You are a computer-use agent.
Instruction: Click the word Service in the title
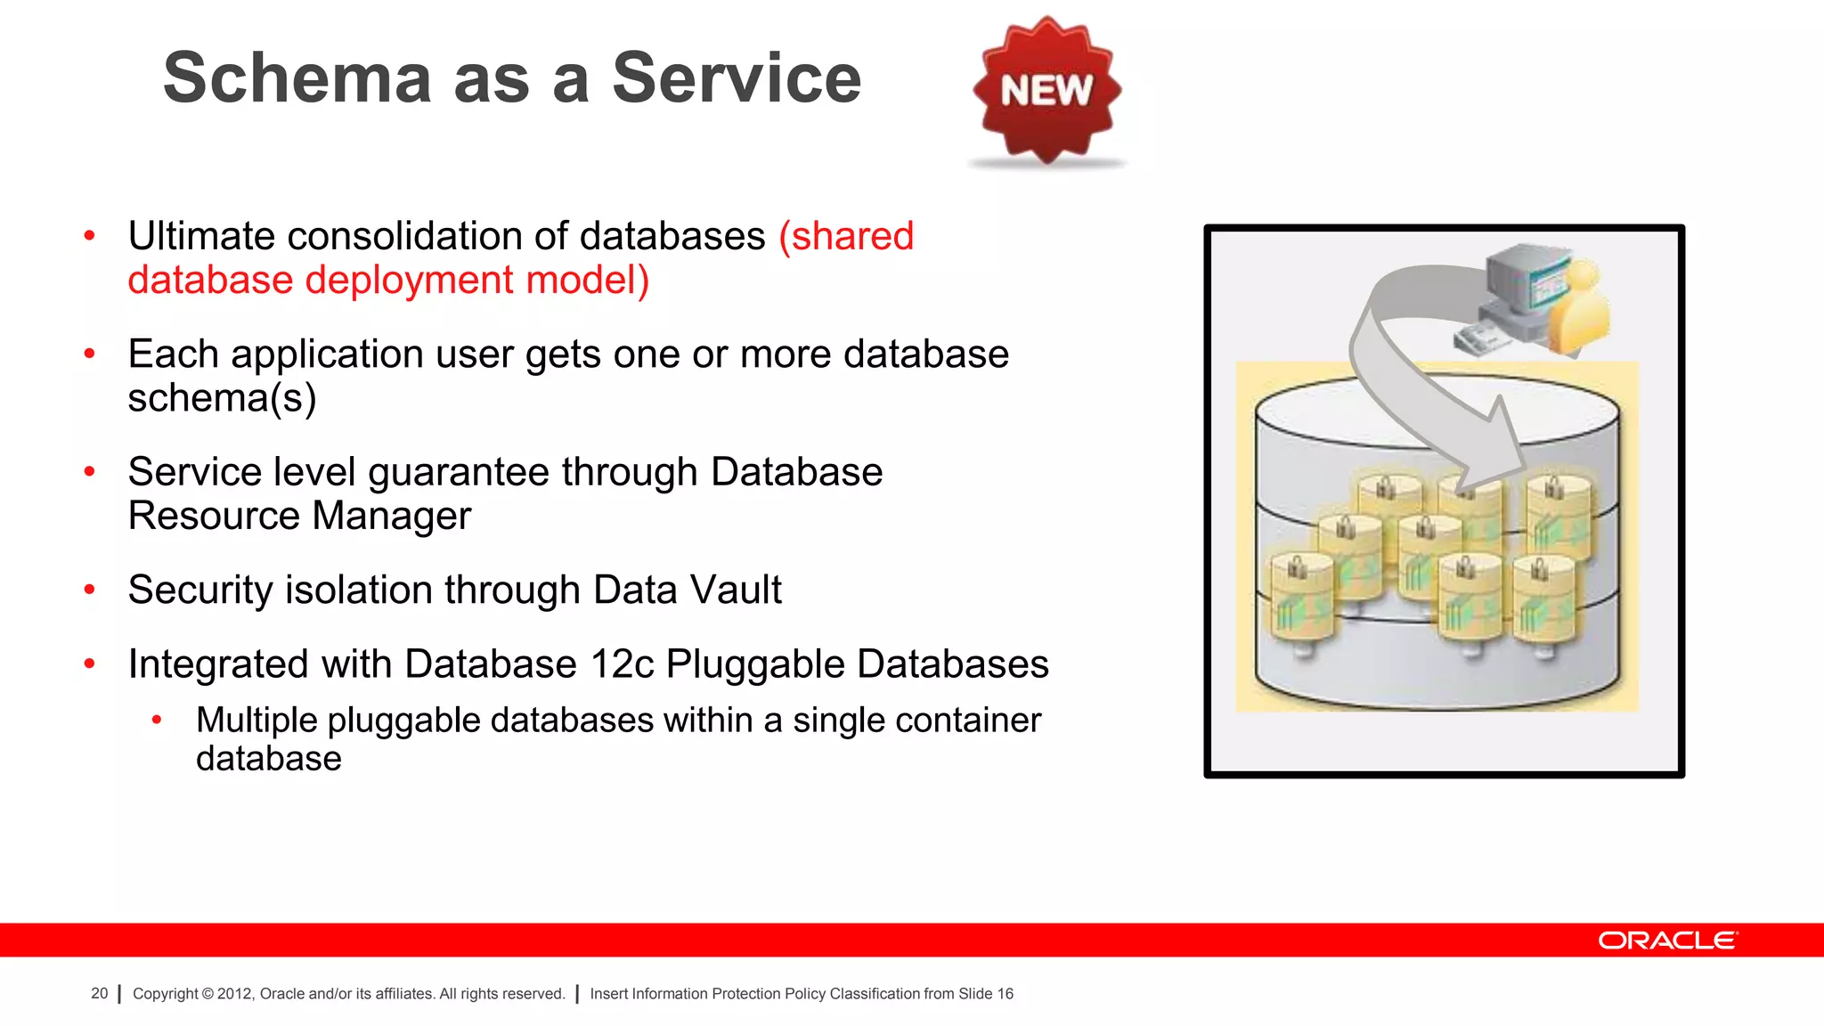(x=737, y=78)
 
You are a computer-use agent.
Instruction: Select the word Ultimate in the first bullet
(x=201, y=237)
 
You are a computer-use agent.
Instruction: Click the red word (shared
(x=846, y=237)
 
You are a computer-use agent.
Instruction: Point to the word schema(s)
(x=222, y=398)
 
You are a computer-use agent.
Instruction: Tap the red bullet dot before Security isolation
(x=89, y=590)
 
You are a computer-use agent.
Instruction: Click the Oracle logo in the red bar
(x=1666, y=940)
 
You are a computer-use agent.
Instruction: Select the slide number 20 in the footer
(x=99, y=994)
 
